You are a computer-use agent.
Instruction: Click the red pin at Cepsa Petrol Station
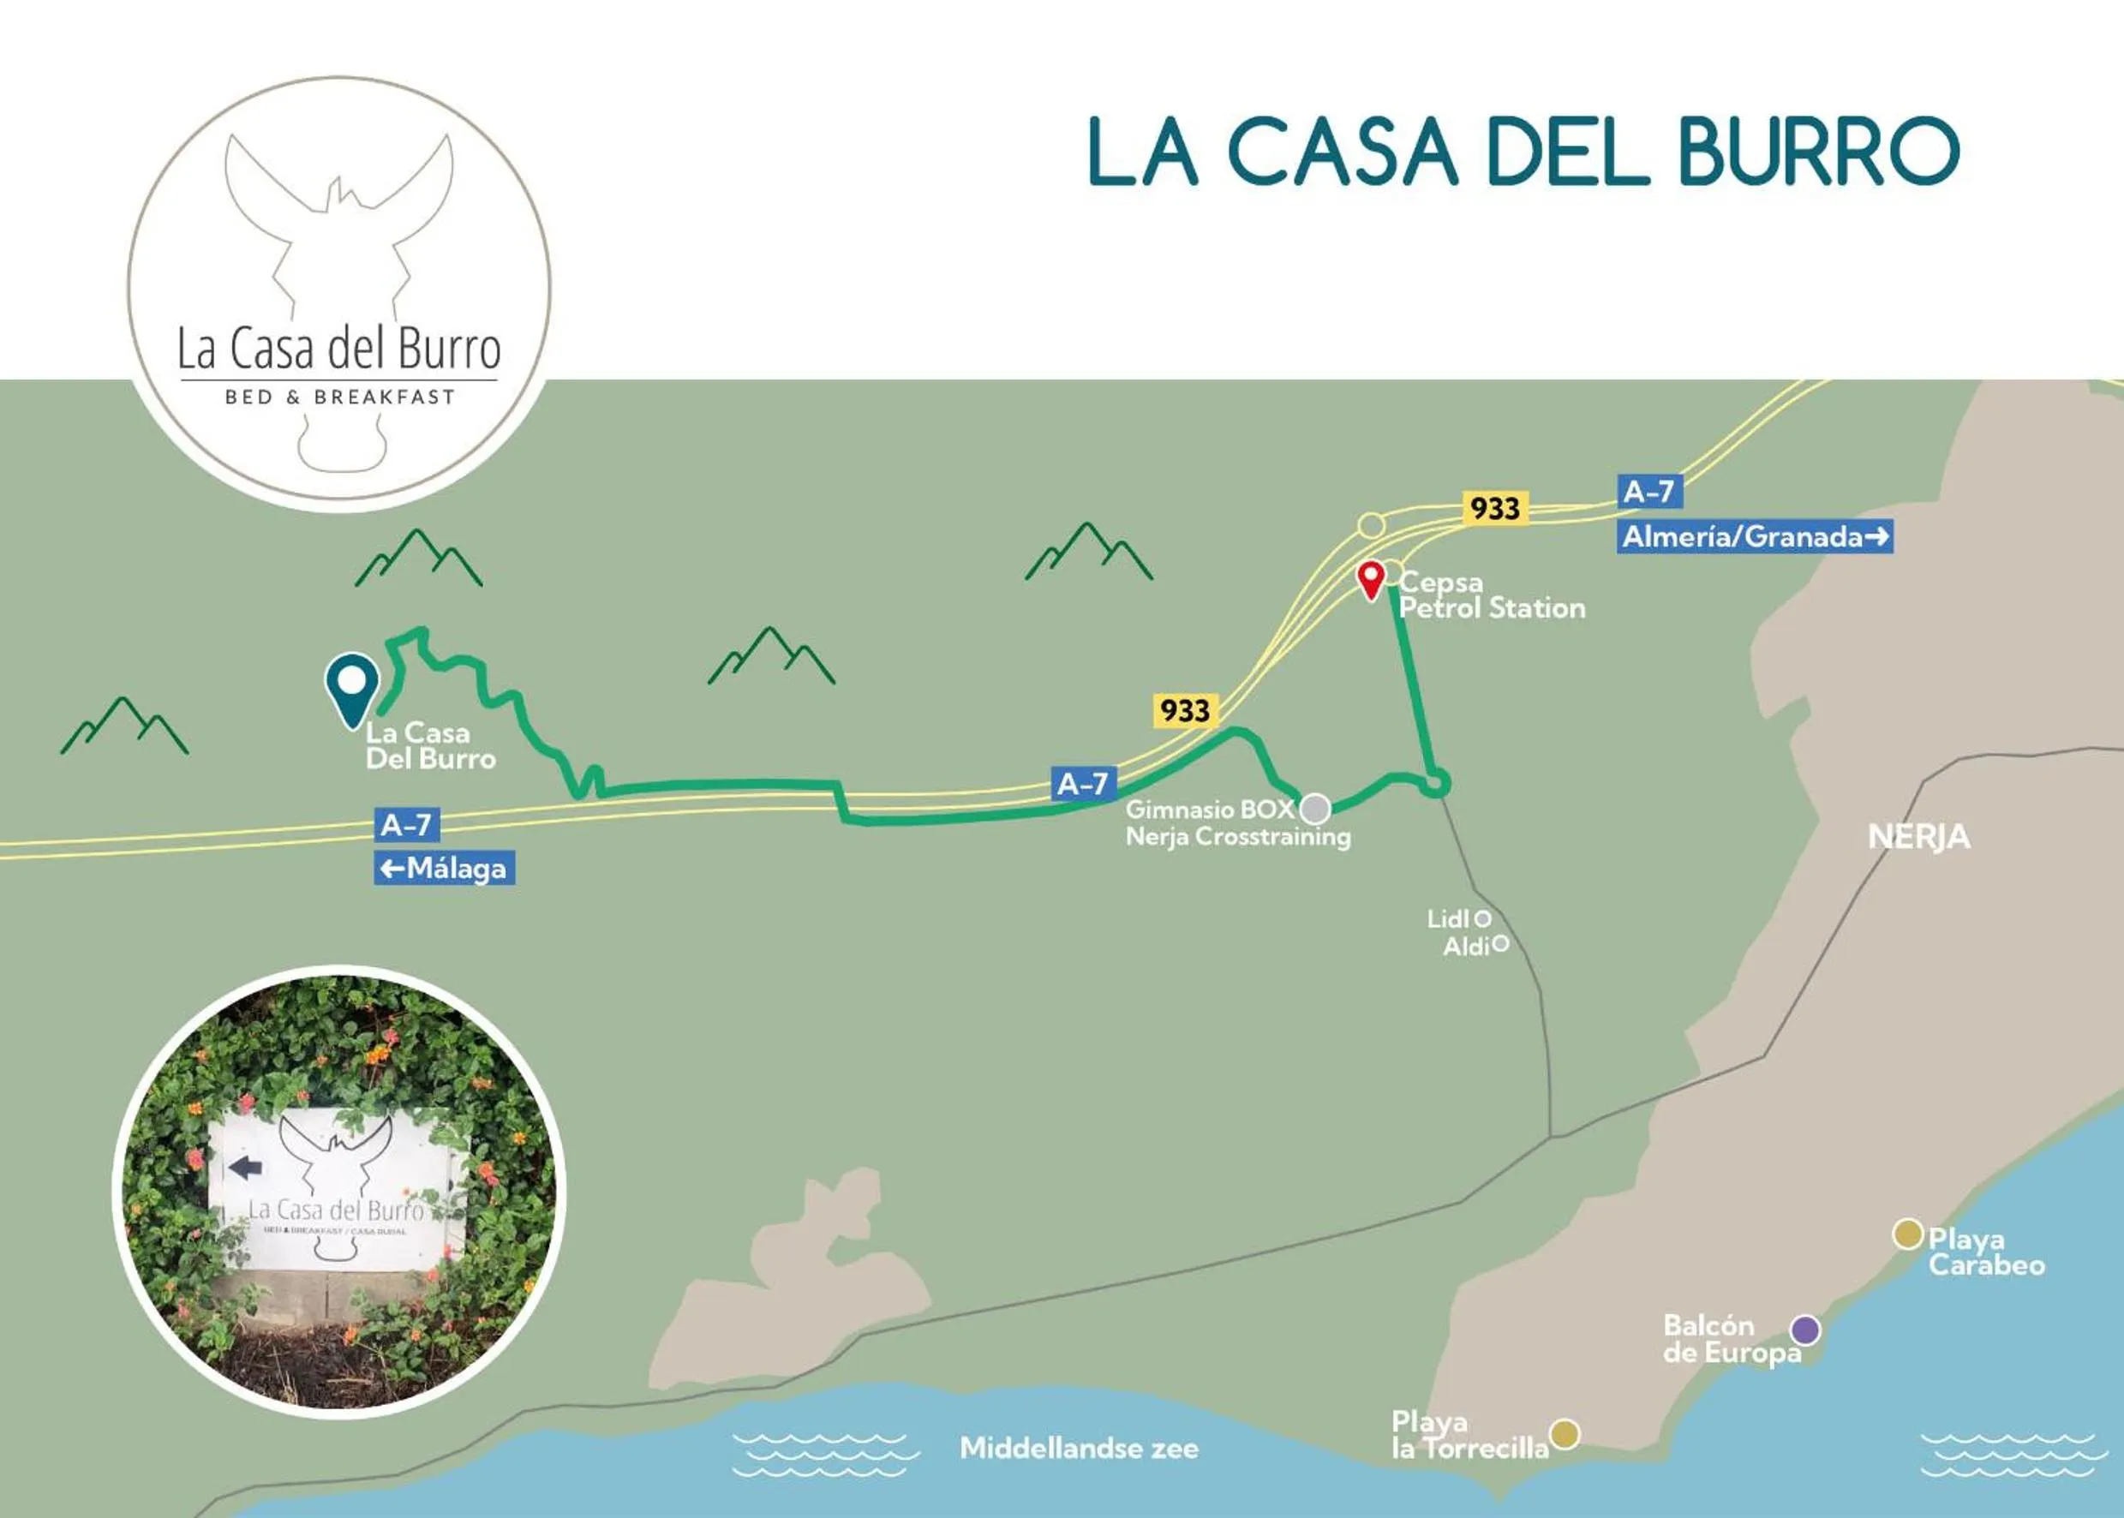pos(1371,576)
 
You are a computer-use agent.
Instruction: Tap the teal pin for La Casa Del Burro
pos(351,684)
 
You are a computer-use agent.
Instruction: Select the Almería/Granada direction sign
pos(1755,536)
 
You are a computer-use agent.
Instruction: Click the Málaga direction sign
pos(444,869)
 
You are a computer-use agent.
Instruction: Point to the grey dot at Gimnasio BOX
pos(1315,809)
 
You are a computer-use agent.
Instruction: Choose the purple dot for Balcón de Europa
pos(1805,1330)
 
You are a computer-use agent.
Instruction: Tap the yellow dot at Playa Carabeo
pos(1907,1234)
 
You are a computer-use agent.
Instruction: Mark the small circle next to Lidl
pos(1481,919)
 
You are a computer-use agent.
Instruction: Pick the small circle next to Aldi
pos(1499,944)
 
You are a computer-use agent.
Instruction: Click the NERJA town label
pos(1918,837)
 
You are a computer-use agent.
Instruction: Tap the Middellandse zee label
pos(1079,1448)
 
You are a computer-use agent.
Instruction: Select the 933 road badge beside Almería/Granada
pos(1495,509)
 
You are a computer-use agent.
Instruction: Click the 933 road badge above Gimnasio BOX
pos(1184,710)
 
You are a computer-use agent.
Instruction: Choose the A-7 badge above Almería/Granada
pos(1648,492)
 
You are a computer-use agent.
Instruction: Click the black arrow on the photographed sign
pos(245,1167)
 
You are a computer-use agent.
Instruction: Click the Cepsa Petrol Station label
pos(1491,595)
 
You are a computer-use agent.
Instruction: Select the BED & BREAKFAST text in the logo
pos(339,397)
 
